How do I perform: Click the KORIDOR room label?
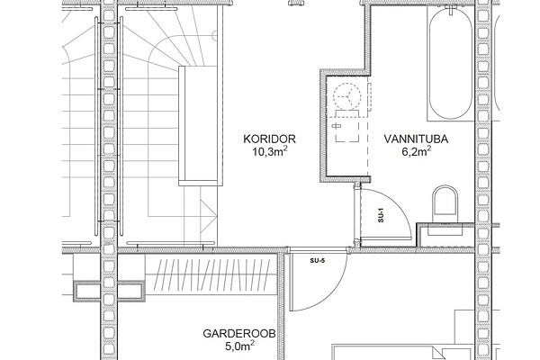[x=269, y=139]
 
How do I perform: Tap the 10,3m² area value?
[x=270, y=151]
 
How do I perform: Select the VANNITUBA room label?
[x=416, y=139]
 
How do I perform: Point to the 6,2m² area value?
[x=417, y=151]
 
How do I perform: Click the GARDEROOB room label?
[x=239, y=334]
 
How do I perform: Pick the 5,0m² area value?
[x=240, y=346]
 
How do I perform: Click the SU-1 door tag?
[x=381, y=215]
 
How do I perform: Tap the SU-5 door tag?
[x=317, y=260]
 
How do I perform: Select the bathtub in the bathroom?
[x=451, y=63]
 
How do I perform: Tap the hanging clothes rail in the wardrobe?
[x=211, y=274]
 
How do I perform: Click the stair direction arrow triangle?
[x=209, y=218]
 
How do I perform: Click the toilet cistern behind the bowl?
[x=445, y=229]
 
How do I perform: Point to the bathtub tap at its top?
[x=451, y=9]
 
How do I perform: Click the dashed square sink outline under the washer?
[x=347, y=130]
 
